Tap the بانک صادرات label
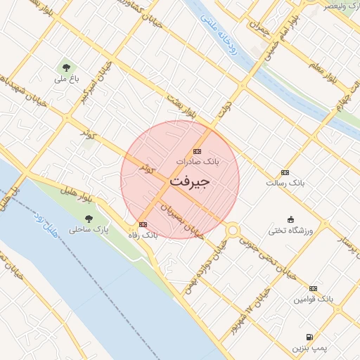(198, 162)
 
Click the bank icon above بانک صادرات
(197, 151)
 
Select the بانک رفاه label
(143, 235)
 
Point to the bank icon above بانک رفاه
(143, 224)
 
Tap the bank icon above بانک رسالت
(285, 172)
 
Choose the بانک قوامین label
(313, 299)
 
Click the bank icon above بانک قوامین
(313, 288)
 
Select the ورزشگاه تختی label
(290, 230)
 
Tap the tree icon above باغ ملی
(66, 68)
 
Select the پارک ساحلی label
(89, 229)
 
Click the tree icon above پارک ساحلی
(89, 219)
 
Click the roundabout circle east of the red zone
(233, 230)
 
